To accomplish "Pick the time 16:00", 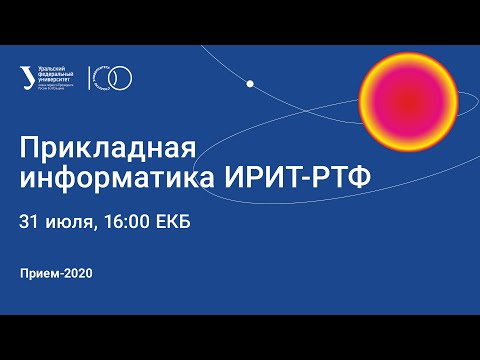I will point(128,221).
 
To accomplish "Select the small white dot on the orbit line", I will point(250,83).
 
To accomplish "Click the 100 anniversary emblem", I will point(115,76).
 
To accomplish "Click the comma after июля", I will point(95,226).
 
